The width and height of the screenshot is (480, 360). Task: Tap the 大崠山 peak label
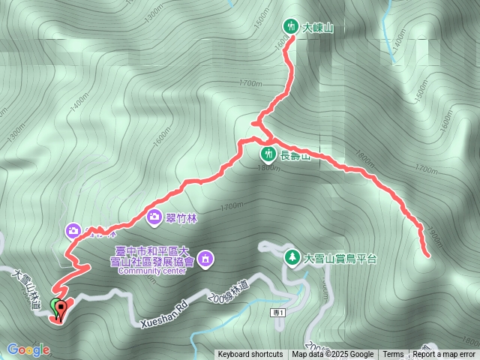tap(317, 27)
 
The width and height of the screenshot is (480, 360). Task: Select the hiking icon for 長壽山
tap(268, 154)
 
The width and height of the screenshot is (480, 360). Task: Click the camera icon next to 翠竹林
tap(154, 217)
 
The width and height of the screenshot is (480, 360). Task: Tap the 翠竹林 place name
tap(180, 217)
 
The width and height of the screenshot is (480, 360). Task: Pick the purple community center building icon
tap(206, 259)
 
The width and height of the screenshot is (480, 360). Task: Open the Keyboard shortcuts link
tap(250, 355)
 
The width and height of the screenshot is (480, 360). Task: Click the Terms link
tap(393, 355)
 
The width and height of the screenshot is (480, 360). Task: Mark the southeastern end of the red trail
tap(428, 256)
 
